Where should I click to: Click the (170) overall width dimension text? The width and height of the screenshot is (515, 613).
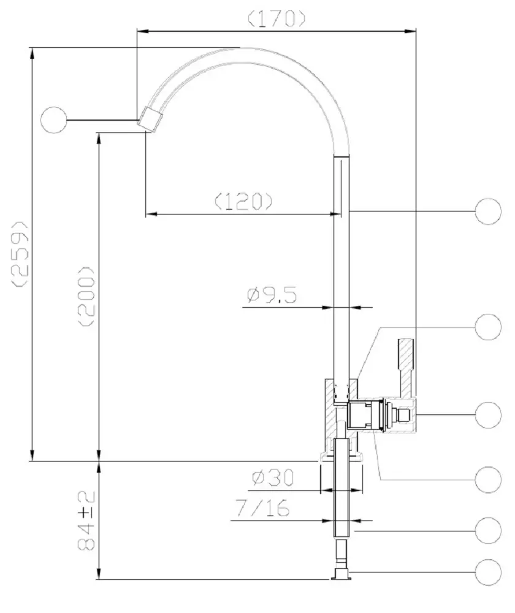click(277, 18)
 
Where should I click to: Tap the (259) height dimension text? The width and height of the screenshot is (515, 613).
click(20, 254)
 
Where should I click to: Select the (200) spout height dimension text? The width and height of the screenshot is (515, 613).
click(86, 297)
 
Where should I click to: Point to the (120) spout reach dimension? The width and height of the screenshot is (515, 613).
click(243, 201)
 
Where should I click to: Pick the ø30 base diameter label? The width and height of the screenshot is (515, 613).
click(273, 477)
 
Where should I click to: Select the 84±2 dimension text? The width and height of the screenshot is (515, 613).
click(86, 520)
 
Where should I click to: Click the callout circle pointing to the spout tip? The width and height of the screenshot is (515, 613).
click(53, 120)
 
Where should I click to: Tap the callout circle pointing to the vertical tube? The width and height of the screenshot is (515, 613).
click(488, 211)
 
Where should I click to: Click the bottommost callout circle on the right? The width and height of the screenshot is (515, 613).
click(488, 573)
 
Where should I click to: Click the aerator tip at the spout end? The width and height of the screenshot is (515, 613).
click(150, 120)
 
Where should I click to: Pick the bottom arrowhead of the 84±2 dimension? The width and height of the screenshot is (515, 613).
click(99, 574)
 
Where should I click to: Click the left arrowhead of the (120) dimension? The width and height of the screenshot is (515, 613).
click(151, 214)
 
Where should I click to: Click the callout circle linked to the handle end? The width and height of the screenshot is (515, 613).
click(488, 415)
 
